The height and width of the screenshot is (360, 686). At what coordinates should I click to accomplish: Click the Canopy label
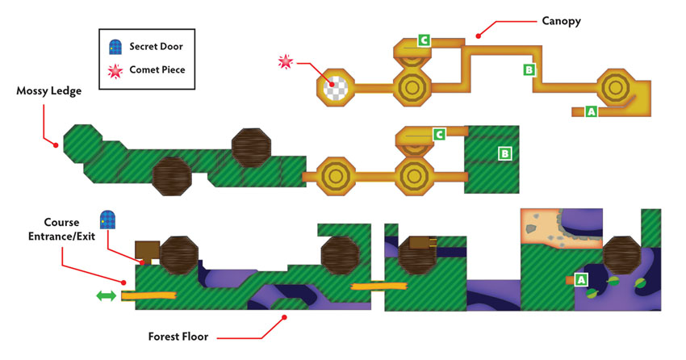coord(562,21)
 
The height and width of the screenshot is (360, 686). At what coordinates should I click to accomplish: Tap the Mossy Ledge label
coord(49,91)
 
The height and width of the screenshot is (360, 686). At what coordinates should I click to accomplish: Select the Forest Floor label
coord(178,337)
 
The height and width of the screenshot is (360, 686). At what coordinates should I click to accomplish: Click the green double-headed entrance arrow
coord(107,296)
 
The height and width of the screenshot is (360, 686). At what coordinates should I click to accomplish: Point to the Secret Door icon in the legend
coord(115,47)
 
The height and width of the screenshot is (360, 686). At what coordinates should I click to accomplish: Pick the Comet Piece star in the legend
coord(115,70)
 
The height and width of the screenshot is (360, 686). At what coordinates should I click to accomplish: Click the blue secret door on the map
coord(107,220)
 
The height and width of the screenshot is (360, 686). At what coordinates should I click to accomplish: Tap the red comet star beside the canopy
coord(286,61)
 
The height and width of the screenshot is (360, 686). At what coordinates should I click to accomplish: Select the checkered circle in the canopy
coord(336,87)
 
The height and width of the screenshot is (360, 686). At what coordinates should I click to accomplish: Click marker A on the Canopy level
coord(591,111)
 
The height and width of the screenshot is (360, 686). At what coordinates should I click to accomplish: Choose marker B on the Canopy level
coord(529,69)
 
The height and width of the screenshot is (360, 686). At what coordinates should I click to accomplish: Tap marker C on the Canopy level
coord(424,40)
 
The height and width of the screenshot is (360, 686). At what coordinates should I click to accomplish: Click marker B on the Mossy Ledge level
coord(505,153)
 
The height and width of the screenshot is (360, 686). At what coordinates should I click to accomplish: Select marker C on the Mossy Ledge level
coord(439,134)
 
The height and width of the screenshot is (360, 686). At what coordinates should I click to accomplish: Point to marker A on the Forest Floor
coord(581,279)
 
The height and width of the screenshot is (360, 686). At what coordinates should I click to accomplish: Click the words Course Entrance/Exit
coord(61,229)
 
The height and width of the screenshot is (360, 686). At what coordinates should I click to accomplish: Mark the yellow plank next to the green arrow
coord(148,296)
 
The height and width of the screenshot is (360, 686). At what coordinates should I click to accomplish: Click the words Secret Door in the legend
coord(157,46)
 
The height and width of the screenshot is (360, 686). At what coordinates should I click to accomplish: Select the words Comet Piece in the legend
coord(157,69)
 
